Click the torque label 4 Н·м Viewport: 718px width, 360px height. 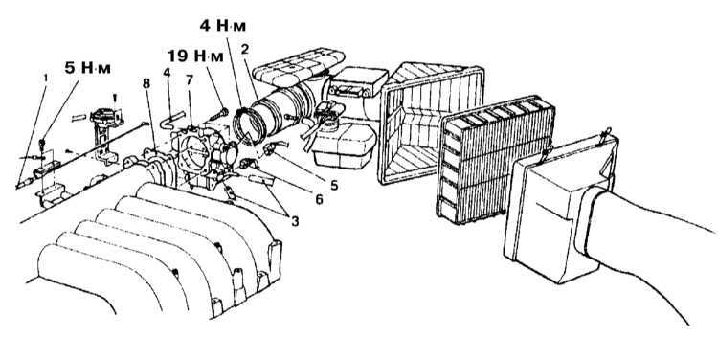[x=222, y=26]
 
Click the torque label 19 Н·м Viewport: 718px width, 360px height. [x=195, y=56]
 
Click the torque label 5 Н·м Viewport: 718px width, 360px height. [x=87, y=68]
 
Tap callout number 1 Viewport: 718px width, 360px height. [x=45, y=79]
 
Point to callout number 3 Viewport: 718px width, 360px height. [x=295, y=221]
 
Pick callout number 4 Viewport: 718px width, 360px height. [x=168, y=73]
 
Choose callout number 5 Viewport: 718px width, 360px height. [x=333, y=185]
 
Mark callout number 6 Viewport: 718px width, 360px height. [x=318, y=199]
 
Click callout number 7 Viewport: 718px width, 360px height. [x=190, y=79]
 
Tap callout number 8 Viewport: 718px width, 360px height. [x=146, y=84]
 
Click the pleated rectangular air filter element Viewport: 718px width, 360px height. [x=496, y=159]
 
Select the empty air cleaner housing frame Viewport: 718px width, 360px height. [x=431, y=123]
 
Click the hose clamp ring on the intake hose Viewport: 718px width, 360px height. [x=250, y=124]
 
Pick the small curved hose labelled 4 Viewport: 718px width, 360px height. [x=171, y=119]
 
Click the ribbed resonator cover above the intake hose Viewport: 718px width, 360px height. [x=299, y=68]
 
